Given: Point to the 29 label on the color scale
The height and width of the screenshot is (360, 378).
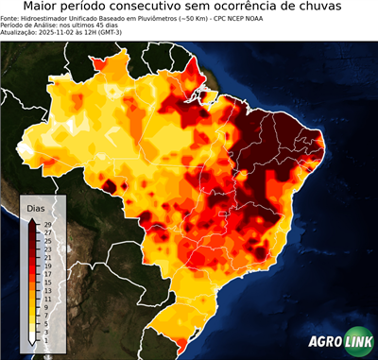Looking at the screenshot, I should [47, 224].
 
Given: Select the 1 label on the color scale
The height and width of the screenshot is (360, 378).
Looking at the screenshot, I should [47, 340].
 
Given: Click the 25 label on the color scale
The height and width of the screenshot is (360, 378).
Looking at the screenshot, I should [47, 241].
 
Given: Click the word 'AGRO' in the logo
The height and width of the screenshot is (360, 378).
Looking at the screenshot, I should [324, 345].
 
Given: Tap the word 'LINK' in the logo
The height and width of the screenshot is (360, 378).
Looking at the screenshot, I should [357, 345].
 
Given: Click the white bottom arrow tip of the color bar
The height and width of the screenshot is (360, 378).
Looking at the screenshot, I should [32, 341].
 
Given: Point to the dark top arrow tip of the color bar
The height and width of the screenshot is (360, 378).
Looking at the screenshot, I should [32, 221].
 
